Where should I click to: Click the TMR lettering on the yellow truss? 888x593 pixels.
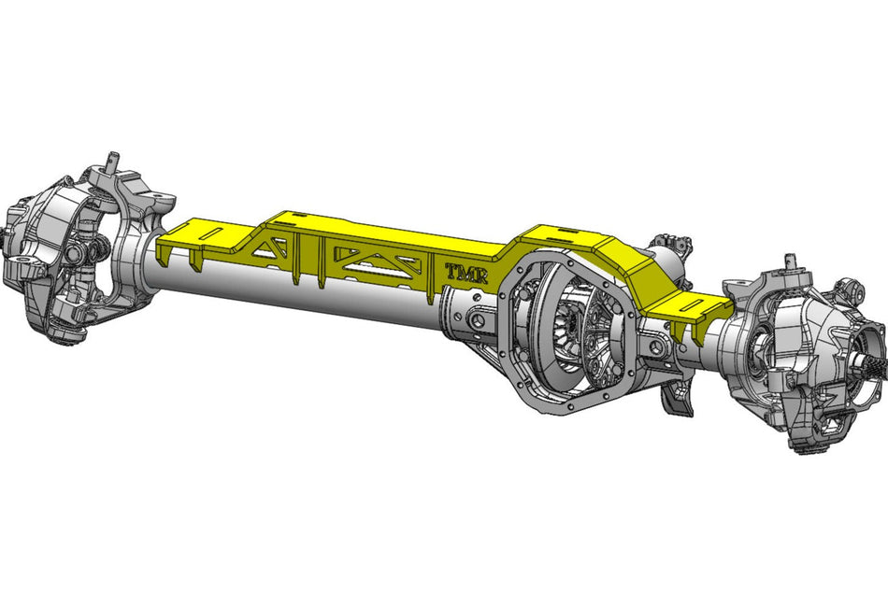465,274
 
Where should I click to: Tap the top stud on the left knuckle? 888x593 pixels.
111,159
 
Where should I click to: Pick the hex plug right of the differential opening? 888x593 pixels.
656,347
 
